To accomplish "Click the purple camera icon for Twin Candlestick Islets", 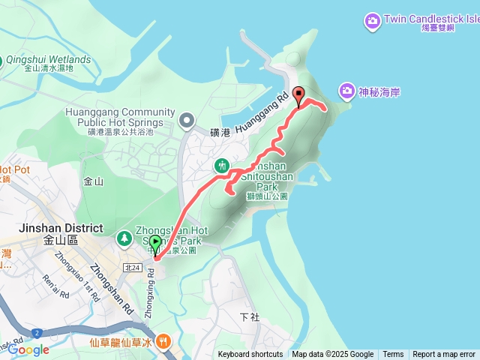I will coord(372,21).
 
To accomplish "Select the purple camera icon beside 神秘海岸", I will coord(346,91).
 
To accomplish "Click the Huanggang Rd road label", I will coord(262,113).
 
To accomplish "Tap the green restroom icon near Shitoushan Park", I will coord(222,165).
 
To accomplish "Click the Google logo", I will coord(28,349).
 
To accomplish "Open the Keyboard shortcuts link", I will coord(250,355).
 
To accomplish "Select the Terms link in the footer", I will coord(393,355).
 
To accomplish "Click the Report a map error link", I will coord(444,355).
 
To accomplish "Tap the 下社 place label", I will coord(249,317).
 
